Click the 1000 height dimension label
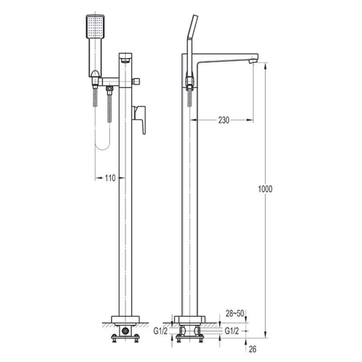(265, 189)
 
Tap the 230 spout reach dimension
(224, 120)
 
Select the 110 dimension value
(110, 178)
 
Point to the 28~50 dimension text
(234, 314)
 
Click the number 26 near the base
(252, 349)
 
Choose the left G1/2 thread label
(161, 331)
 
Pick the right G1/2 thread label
(232, 331)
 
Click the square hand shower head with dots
(95, 27)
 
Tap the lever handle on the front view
(139, 119)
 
